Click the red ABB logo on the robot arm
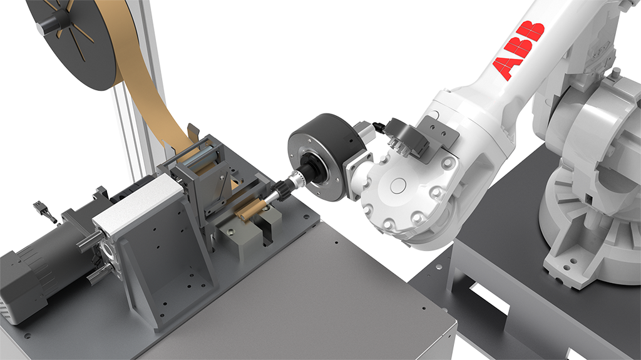519,50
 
